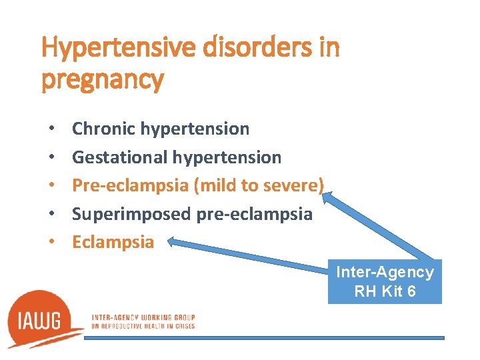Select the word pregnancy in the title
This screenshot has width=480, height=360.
coord(102,80)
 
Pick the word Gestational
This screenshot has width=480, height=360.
coord(120,157)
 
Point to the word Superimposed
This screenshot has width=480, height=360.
coord(132,213)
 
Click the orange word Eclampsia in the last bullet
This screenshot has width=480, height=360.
coord(113,241)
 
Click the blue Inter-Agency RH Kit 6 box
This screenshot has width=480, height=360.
coord(385,281)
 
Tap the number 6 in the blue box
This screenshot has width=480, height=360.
coord(411,291)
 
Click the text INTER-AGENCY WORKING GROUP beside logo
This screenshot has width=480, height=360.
coord(143,317)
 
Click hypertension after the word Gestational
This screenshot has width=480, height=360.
coord(227,157)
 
